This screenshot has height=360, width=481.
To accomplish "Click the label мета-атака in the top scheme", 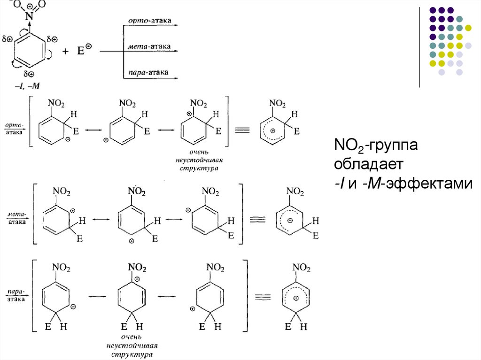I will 149,47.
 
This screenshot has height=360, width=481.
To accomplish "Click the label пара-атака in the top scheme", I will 149,73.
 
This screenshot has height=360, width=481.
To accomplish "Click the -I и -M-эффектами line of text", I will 403,184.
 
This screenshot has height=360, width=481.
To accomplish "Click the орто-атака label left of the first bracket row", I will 16,129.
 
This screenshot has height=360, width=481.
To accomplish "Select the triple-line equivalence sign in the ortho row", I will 241,131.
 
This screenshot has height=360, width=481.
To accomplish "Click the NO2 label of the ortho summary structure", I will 276,103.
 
